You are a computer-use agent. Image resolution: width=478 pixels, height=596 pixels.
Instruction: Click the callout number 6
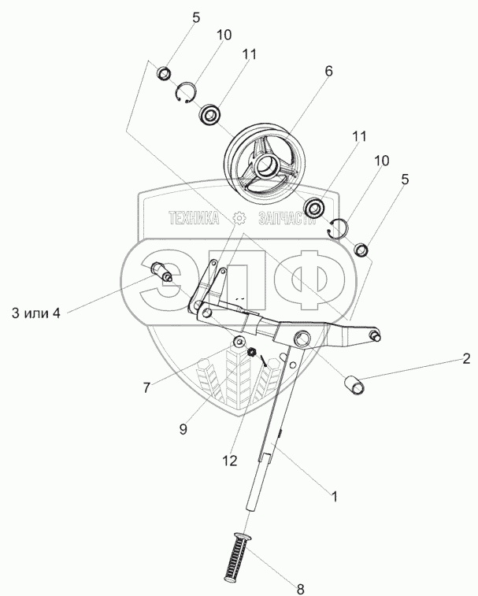coord(328,71)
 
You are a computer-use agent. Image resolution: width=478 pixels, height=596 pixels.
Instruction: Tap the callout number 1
coord(334,497)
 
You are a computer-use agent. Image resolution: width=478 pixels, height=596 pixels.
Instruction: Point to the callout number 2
coord(457,359)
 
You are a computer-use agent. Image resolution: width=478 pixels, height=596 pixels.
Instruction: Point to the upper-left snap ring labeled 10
coord(185,92)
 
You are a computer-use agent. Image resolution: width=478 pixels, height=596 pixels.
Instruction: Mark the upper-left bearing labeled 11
coord(211,115)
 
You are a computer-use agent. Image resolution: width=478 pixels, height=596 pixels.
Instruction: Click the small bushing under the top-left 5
coord(165,74)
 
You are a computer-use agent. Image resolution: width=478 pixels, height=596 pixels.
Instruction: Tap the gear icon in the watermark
coord(240,220)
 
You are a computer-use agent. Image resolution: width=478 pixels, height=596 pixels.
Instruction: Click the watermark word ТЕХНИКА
coord(193,220)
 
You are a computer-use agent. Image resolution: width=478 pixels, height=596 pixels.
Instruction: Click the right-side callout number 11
coord(359,136)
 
